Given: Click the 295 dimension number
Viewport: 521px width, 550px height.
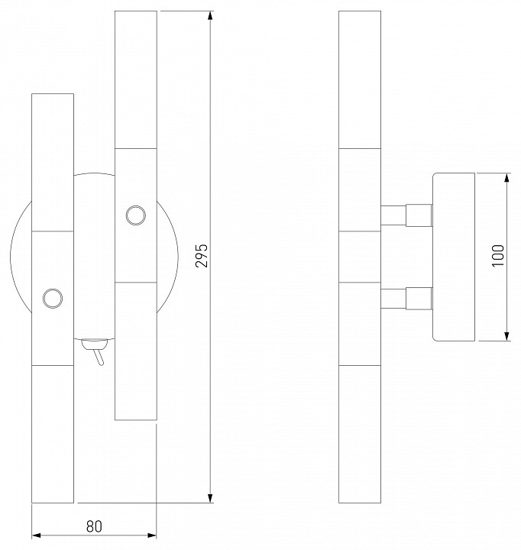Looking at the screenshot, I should (x=202, y=256).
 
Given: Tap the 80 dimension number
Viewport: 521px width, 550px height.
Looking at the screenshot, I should (x=94, y=526).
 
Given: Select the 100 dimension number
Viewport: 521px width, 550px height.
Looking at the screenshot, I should (x=498, y=257).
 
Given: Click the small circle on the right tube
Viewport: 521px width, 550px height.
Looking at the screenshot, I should (x=136, y=215).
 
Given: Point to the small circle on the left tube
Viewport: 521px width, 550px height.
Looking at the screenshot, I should (x=53, y=297).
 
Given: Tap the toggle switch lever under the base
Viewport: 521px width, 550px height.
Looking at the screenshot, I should (x=97, y=355).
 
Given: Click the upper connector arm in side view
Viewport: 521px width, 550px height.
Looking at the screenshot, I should (x=406, y=215).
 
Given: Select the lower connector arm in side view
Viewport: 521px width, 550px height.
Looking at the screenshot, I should (x=406, y=298).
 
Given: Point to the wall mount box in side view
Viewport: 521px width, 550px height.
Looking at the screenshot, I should (x=454, y=257).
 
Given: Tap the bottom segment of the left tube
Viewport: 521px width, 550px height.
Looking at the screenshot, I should (x=53, y=433).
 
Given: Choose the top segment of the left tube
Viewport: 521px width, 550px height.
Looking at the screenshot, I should (x=53, y=161).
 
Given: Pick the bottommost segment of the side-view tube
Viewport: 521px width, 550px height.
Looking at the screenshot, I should (x=359, y=433).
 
